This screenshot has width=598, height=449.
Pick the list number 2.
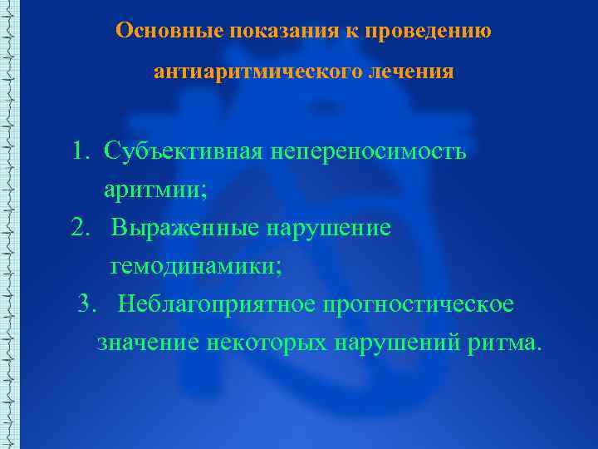coord(80,229)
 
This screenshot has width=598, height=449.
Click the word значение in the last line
coord(147,343)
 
